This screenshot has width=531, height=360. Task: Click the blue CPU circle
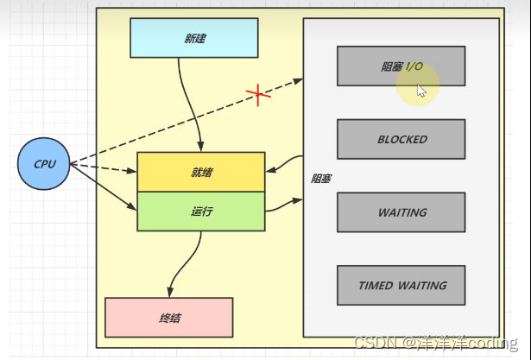coord(44,163)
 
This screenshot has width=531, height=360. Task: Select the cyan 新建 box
coord(194,38)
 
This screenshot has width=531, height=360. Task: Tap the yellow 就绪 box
coord(201,172)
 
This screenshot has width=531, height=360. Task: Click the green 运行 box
coord(201,212)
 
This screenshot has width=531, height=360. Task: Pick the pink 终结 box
coord(168,318)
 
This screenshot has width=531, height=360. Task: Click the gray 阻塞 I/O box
coord(401,66)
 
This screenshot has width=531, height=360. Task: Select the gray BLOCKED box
coord(401,139)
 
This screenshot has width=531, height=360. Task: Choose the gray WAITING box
coord(401,212)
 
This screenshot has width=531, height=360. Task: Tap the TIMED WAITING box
coord(401,286)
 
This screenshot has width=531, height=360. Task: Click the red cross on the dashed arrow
coord(258,94)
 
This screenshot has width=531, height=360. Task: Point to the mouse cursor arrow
coord(421,91)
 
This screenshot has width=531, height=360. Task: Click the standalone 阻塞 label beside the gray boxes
coord(320,179)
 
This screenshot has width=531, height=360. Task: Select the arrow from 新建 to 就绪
coord(194,104)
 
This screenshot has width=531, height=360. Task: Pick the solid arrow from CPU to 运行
coord(104,186)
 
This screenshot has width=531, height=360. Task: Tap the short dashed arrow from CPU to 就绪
coord(104,167)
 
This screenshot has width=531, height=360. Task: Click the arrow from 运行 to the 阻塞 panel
coord(283,205)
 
